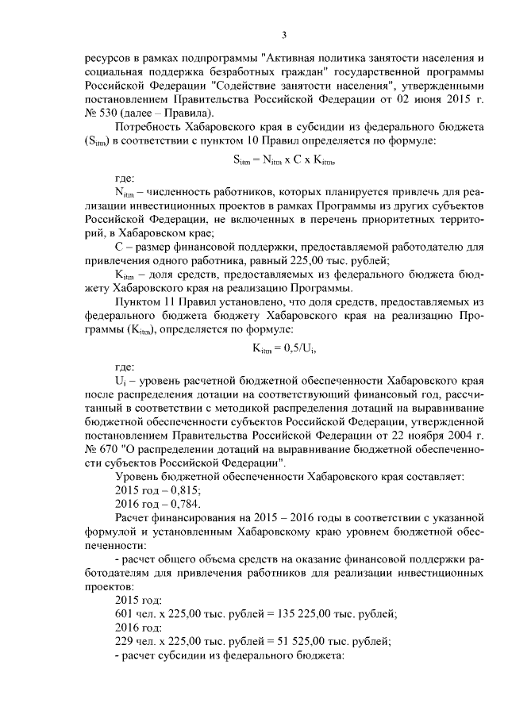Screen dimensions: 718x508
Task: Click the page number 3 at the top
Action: (283, 34)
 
